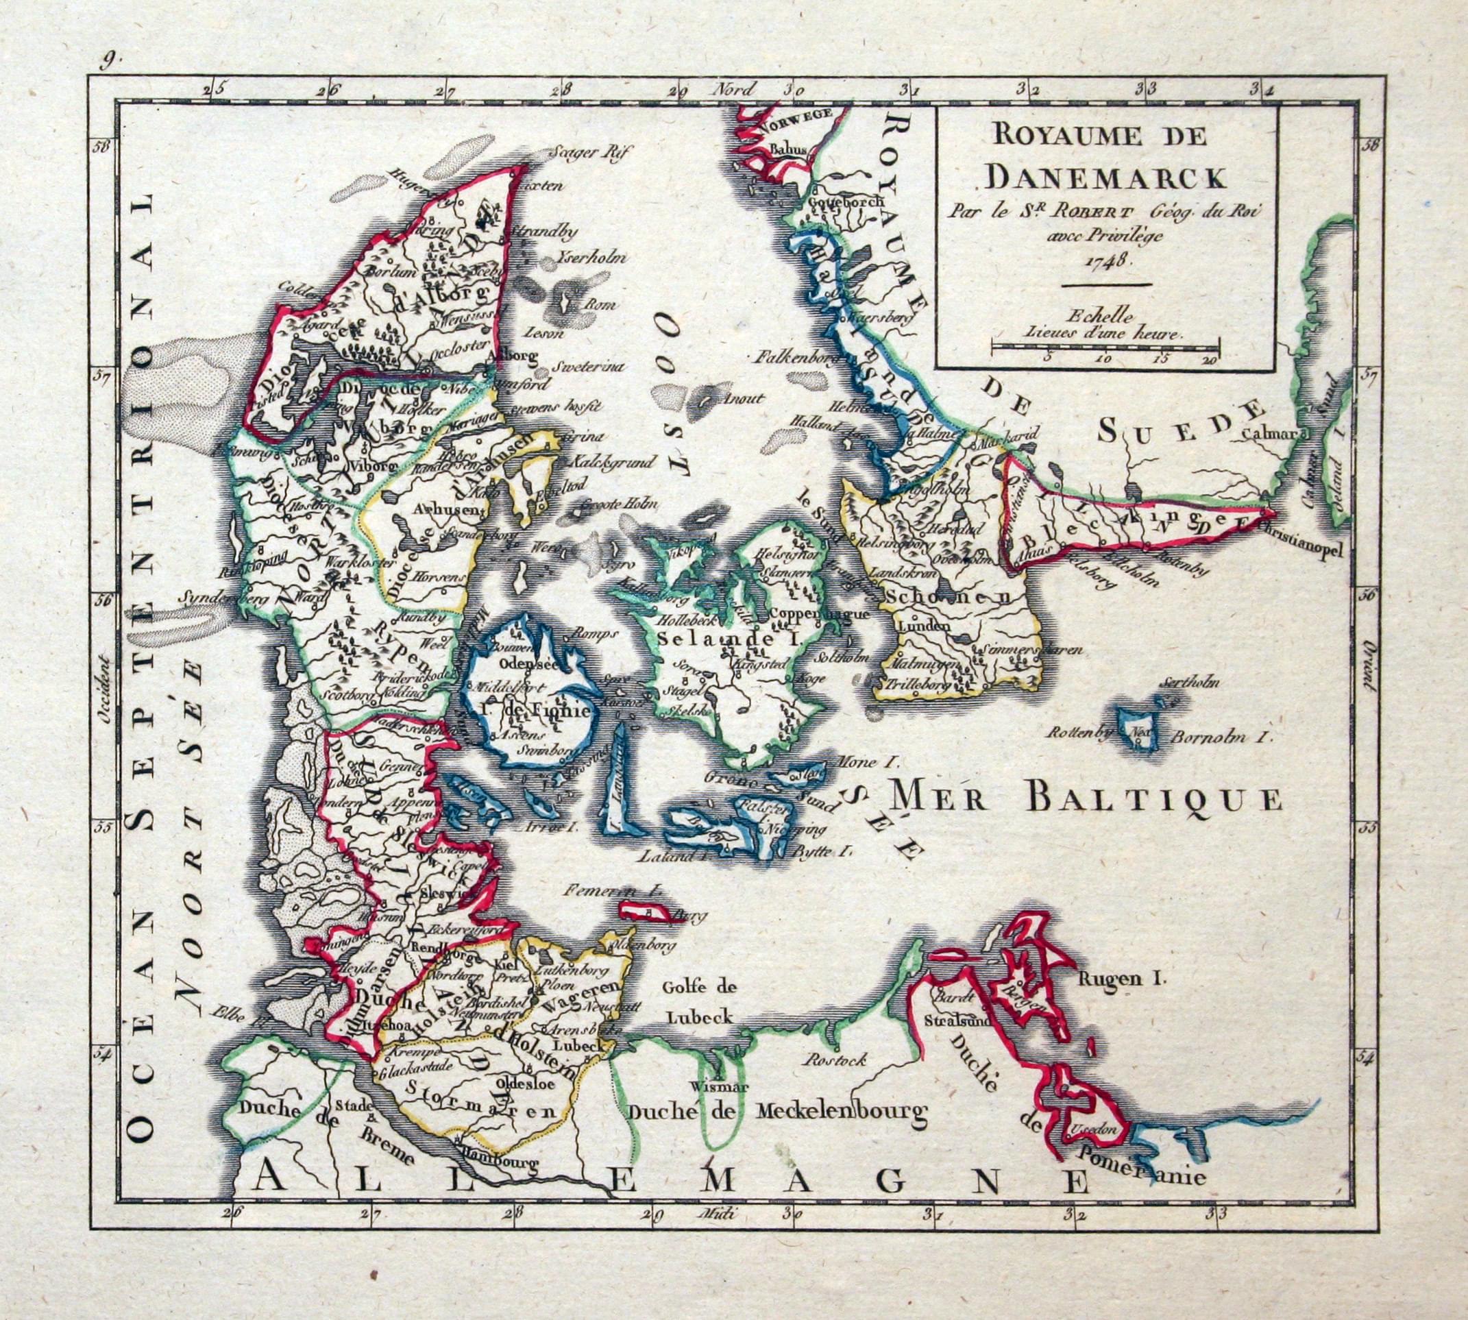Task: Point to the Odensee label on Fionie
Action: [x=524, y=663]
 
